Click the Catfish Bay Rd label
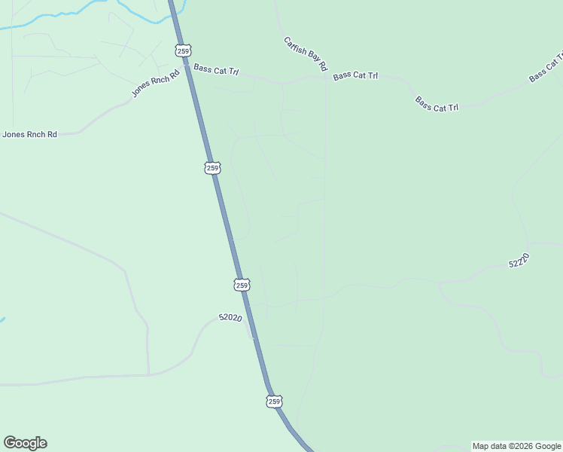point(306,53)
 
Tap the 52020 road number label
point(230,318)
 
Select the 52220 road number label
point(519,261)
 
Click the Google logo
point(25,443)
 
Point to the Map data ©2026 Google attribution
point(516,446)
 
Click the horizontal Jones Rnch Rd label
point(30,135)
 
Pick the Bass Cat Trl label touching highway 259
point(216,70)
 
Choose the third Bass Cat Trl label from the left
point(437,104)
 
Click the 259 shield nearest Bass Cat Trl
point(184,50)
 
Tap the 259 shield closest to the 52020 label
point(242,285)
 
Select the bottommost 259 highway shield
point(274,402)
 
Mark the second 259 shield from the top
point(212,167)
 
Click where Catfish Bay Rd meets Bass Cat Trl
point(325,75)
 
